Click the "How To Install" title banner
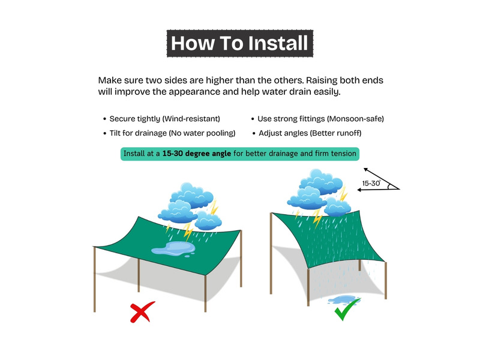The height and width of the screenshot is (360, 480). point(239,43)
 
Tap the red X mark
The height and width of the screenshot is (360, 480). point(142,312)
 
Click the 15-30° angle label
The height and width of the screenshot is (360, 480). point(371,183)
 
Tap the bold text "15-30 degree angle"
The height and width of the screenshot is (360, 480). point(197,154)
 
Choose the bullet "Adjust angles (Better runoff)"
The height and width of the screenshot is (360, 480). point(310,133)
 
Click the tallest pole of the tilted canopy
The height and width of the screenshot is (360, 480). point(271,253)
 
